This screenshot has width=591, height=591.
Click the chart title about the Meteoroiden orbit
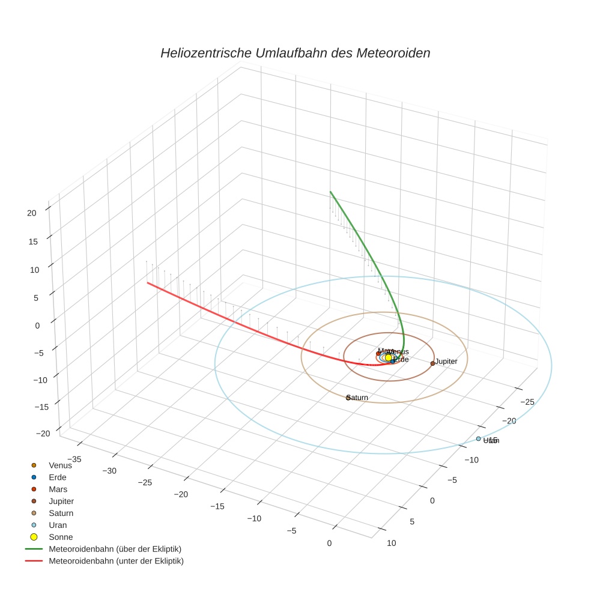[x=295, y=53]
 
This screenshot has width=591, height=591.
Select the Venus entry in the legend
[x=60, y=465]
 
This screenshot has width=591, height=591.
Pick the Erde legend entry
[x=58, y=477]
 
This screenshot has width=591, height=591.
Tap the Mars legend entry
[x=58, y=489]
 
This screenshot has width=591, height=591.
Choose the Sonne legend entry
[x=61, y=537]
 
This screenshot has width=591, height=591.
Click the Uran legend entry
[x=58, y=525]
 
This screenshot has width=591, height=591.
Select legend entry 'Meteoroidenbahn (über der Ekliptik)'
[x=115, y=549]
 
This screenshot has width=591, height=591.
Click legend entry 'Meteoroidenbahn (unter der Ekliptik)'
[x=116, y=561]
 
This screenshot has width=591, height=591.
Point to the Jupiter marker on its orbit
[x=432, y=363]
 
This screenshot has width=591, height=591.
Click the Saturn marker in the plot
[x=348, y=397]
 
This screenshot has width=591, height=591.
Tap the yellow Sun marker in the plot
[x=388, y=357]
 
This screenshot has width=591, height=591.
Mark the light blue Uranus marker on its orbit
[x=478, y=438]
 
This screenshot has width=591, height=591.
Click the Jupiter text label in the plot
[x=446, y=362]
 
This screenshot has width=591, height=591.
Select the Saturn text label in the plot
[x=358, y=398]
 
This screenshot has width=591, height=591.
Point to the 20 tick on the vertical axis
[x=32, y=212]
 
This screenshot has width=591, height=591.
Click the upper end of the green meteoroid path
[x=330, y=192]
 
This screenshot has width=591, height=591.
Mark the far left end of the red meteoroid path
[x=147, y=282]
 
